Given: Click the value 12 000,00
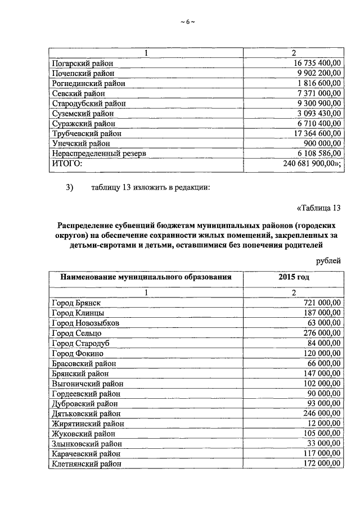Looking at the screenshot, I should coord(324,424).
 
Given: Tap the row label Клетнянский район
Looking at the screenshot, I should coord(86,463).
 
